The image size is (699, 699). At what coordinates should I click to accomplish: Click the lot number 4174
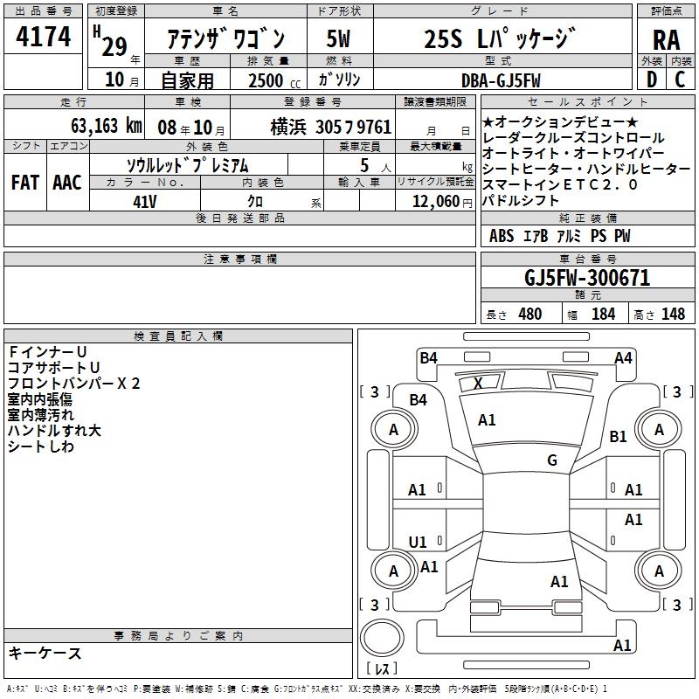(x=43, y=38)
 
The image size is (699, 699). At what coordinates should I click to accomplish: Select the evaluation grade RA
(x=666, y=40)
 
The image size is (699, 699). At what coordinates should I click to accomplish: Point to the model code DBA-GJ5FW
(x=501, y=80)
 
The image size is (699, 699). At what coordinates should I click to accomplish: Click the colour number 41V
(x=144, y=200)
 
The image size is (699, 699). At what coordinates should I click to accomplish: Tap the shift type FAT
(x=24, y=182)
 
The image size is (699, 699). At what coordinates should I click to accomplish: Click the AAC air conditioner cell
(x=66, y=182)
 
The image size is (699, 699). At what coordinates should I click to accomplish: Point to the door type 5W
(x=338, y=38)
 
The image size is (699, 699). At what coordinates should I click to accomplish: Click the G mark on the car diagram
(x=552, y=460)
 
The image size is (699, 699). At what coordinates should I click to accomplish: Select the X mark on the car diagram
(x=478, y=383)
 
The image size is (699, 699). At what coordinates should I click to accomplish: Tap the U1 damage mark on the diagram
(x=418, y=542)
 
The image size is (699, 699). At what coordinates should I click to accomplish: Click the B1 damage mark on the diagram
(x=618, y=436)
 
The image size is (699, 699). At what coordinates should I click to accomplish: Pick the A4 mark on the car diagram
(x=623, y=357)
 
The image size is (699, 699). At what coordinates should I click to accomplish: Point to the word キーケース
(x=45, y=653)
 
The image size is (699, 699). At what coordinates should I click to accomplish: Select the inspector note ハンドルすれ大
(x=54, y=431)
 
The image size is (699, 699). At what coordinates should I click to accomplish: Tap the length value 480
(x=529, y=314)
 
